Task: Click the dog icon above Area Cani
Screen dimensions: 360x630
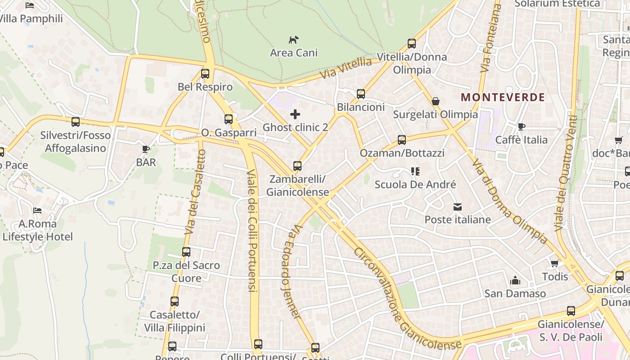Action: point(293,40)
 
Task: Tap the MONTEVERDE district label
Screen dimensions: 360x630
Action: point(503,97)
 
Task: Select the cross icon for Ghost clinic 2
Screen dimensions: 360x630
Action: point(295,114)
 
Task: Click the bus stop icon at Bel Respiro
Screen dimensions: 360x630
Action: point(205,74)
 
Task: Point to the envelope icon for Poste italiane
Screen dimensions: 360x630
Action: point(458,207)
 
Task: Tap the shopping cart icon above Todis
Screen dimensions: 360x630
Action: point(554,263)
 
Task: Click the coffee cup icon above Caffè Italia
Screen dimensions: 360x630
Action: point(521,126)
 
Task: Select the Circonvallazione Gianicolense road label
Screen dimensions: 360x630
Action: point(407,299)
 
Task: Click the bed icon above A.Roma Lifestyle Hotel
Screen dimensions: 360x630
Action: point(37,211)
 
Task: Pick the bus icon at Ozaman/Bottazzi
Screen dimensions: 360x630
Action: point(401,140)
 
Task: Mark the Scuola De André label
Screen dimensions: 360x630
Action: point(415,184)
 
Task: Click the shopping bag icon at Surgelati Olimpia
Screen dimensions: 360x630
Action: point(435,101)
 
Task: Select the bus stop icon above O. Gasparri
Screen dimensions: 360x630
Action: point(229,119)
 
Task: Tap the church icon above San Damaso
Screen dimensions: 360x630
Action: point(515,281)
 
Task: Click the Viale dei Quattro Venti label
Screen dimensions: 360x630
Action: point(567,173)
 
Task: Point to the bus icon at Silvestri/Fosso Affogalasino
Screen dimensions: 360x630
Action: point(76,121)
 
